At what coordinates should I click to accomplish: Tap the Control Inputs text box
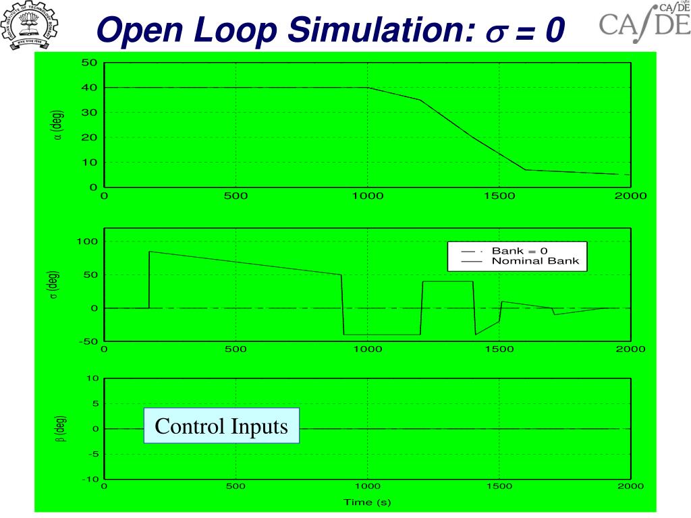221,427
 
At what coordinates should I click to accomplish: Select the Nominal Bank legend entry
535,261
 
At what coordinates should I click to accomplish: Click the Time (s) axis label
367,502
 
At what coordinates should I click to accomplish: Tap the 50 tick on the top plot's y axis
90,63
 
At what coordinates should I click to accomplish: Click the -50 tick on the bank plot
88,341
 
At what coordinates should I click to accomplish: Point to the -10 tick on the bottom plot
90,480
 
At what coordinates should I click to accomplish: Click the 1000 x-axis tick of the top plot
368,196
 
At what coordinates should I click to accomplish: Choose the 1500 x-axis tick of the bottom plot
499,486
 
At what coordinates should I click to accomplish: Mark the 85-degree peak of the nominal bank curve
150,252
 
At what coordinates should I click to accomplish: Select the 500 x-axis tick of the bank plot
236,349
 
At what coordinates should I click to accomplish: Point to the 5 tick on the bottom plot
95,403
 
